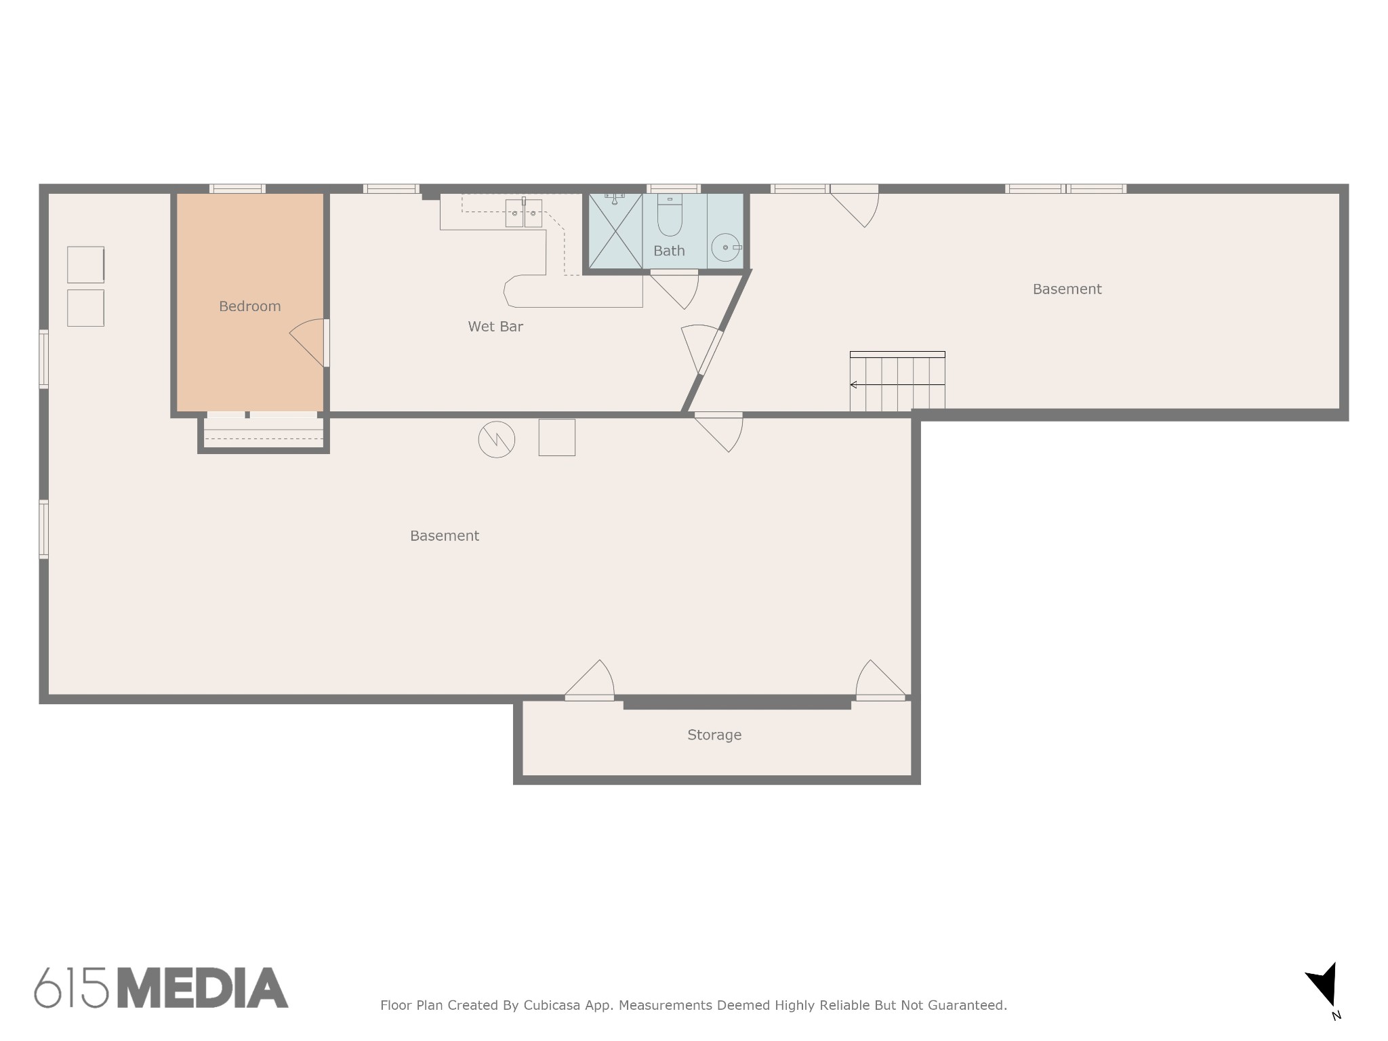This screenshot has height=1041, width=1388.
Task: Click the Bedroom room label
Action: (249, 306)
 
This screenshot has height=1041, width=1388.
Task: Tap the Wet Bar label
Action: (495, 327)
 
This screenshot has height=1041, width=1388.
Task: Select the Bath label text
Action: (669, 251)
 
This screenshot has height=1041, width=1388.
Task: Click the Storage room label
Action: (714, 735)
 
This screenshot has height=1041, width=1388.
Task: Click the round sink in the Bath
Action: (726, 247)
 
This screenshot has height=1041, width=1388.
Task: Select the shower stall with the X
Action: (615, 231)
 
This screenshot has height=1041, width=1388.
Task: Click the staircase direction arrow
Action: (897, 385)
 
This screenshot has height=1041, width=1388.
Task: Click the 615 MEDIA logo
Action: (161, 987)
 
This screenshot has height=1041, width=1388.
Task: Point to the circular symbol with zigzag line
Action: (497, 440)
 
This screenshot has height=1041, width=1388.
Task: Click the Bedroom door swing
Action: (308, 342)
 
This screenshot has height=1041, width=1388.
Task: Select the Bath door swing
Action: (675, 289)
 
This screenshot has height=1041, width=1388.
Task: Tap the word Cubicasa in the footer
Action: (552, 1005)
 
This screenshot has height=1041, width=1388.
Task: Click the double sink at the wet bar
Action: (524, 213)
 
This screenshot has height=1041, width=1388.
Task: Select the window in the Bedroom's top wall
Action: (237, 189)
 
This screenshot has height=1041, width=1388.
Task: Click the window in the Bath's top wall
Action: (673, 189)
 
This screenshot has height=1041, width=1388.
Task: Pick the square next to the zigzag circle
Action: (557, 437)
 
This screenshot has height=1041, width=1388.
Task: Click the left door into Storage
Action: (590, 680)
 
